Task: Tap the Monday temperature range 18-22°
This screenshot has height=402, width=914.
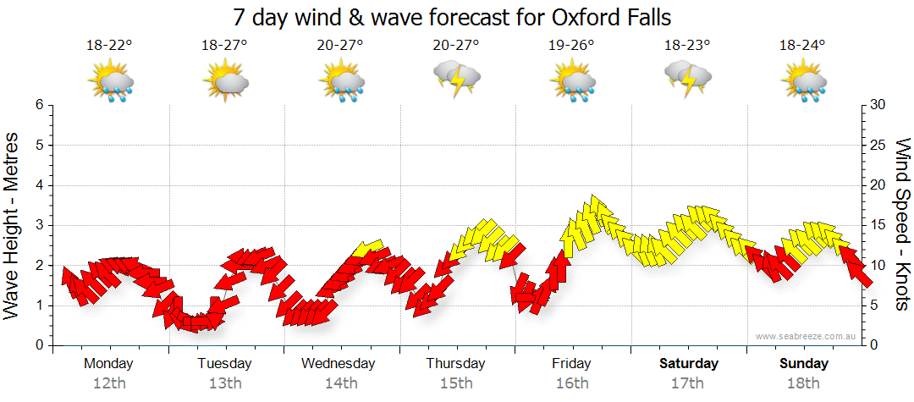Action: coord(108,46)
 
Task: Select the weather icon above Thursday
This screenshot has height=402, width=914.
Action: coord(457,80)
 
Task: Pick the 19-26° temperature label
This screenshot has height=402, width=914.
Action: coord(571,46)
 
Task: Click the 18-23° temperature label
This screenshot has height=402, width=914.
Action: coord(687,46)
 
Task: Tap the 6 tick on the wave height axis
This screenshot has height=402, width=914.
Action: coord(38,105)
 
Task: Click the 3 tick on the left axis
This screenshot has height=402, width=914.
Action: coord(38,225)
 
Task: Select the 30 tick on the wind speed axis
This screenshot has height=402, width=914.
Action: coord(878,105)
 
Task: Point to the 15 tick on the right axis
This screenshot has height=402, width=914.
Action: coord(878,225)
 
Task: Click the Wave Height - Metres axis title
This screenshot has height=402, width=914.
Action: coord(13,225)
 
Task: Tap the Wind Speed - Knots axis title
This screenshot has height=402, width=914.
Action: coord(902,225)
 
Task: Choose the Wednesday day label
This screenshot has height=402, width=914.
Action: coord(339,364)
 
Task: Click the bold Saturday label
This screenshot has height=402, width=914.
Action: coord(688,364)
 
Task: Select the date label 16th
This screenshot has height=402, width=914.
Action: coord(572,383)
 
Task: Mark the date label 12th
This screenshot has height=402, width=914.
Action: coord(108,383)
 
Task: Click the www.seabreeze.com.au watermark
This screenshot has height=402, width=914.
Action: coord(807,337)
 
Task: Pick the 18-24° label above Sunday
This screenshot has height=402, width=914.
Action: coord(803,46)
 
